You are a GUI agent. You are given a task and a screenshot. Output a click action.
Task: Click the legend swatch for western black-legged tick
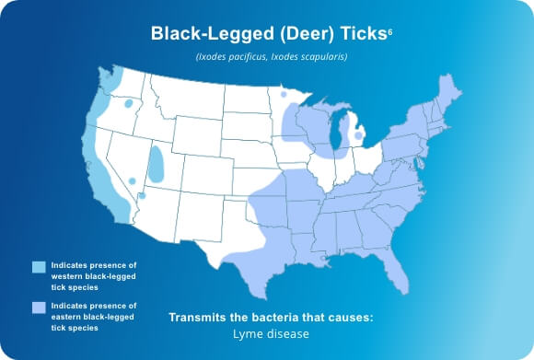38,267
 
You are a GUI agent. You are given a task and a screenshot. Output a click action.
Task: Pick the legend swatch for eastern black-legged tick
38,308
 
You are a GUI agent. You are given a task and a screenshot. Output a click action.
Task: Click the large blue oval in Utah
157,165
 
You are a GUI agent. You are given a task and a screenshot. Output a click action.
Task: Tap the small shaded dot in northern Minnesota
283,93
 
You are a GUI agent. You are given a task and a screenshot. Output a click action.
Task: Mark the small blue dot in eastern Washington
128,103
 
